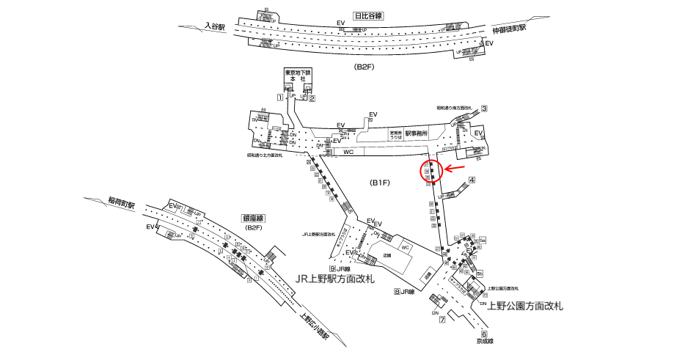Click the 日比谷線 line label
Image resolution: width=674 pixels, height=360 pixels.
[x=370, y=15]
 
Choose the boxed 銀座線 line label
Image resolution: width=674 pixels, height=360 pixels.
[x=253, y=218]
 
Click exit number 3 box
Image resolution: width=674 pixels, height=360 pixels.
[x=484, y=109]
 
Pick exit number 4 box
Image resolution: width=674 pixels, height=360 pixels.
[x=472, y=180]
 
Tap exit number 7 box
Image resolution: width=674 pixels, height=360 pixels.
[x=442, y=320]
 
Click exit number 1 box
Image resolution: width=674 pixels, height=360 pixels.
[x=280, y=98]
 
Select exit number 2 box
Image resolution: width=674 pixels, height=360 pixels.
[x=312, y=98]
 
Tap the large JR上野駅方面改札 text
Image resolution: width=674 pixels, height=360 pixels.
[x=334, y=279]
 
